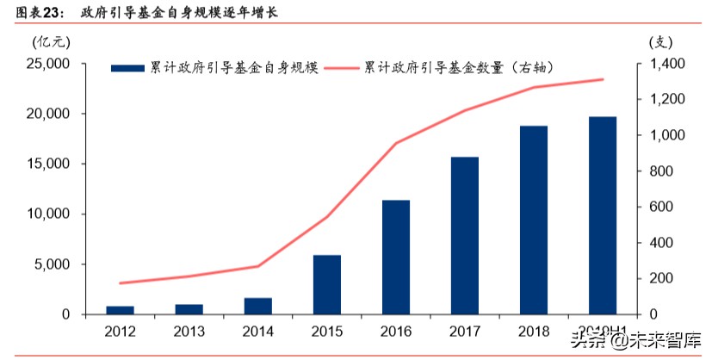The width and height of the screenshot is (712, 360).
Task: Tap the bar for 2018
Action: tap(534, 220)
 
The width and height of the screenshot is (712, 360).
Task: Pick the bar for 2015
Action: tap(327, 284)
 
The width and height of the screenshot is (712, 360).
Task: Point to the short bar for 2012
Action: tap(121, 309)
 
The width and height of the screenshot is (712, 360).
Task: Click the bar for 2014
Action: tap(258, 306)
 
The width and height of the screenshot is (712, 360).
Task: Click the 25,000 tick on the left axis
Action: tap(48, 64)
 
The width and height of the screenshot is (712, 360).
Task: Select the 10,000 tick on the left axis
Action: tap(48, 214)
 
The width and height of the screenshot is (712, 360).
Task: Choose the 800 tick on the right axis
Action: tap(659, 171)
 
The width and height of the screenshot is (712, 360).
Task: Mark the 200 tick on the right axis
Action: tap(659, 278)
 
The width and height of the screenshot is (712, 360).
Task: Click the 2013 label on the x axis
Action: tap(189, 331)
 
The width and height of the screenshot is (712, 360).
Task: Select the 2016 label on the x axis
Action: tap(397, 331)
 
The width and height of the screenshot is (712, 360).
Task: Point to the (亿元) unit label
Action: tap(47, 41)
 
